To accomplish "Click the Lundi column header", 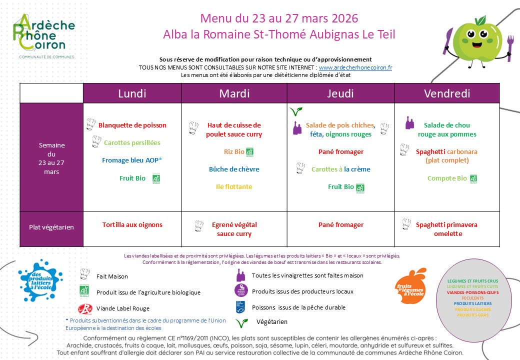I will [132, 93].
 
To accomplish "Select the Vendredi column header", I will [446, 93].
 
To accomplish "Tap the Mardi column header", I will [234, 93].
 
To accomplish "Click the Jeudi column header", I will [340, 93].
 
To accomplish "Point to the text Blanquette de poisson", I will [132, 125].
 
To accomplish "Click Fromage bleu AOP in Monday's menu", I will [132, 160].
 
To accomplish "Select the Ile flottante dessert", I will [234, 187].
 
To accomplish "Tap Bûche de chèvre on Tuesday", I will [234, 169].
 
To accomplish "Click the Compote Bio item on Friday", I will [447, 178].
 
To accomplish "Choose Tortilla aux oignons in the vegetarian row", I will [132, 225].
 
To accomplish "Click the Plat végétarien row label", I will [51, 227].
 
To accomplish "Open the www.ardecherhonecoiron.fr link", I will [355, 67].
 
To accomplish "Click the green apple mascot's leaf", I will [481, 20].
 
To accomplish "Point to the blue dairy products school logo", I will [41, 280].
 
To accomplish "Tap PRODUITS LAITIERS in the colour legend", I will [472, 303].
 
